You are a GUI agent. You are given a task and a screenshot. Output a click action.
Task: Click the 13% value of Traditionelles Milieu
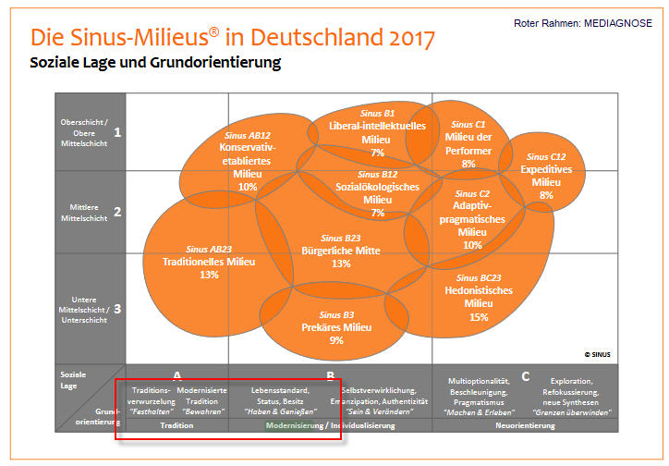click(209, 275)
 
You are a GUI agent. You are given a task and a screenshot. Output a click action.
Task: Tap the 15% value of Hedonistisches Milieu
click(478, 317)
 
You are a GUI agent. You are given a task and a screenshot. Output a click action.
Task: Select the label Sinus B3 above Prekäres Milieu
click(336, 314)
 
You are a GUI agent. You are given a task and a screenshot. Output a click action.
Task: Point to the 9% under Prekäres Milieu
click(335, 340)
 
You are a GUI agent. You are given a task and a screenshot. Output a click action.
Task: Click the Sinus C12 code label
click(546, 157)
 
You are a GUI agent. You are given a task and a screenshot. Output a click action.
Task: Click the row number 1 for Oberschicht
click(117, 132)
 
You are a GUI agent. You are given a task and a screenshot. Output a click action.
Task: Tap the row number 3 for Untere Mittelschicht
click(117, 309)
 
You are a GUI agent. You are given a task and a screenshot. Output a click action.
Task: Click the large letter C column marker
click(526, 376)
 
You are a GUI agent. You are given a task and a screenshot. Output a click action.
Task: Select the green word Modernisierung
click(293, 426)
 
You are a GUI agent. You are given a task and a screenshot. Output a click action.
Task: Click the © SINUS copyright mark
click(597, 353)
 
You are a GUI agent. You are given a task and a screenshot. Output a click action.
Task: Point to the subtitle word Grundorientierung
click(223, 64)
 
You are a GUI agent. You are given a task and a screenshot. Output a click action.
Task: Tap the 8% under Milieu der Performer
click(468, 164)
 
